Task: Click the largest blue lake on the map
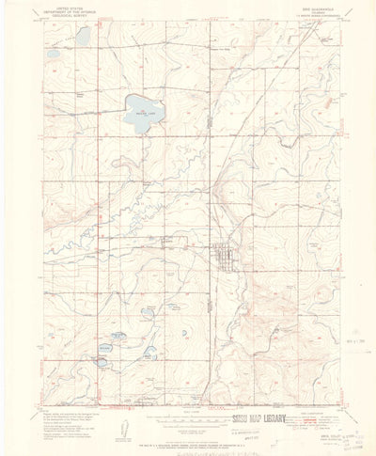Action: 142,118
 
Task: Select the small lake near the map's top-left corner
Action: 84,36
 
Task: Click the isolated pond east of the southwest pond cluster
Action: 149,354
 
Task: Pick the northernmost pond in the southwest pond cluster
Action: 117,334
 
